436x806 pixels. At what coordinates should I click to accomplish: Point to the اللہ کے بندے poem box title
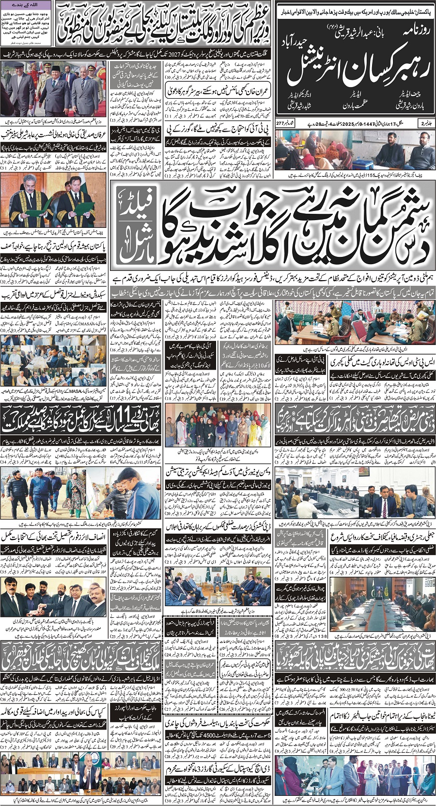[x=27, y=5]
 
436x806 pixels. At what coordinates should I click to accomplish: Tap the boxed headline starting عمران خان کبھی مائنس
[x=192, y=90]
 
